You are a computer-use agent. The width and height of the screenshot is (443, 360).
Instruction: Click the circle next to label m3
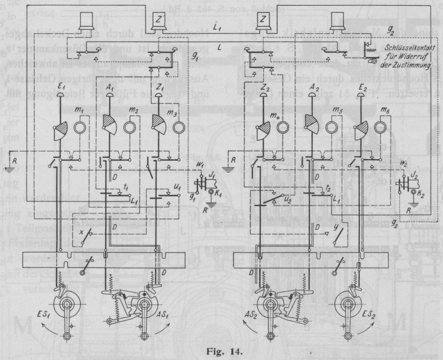[179, 126]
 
